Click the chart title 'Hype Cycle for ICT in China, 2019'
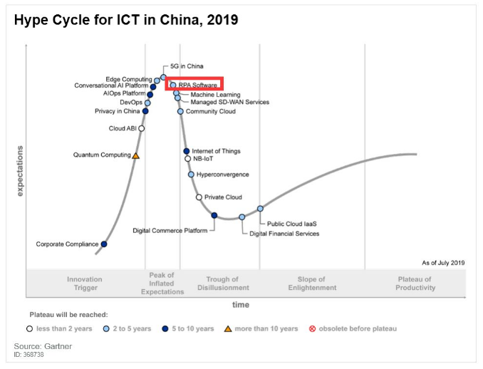(126, 20)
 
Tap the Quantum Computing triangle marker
(136, 155)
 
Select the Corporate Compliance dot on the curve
(104, 244)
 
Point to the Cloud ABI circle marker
(142, 129)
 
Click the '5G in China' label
(187, 66)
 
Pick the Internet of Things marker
(187, 151)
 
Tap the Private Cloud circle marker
(199, 197)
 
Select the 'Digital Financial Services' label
(284, 234)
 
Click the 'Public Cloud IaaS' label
(291, 224)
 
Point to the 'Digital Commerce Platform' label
(170, 230)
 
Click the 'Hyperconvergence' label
(223, 174)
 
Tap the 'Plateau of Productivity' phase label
(415, 284)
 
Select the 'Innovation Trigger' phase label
(84, 284)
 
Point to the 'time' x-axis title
(241, 304)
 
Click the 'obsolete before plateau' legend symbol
(312, 328)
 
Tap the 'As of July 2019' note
(443, 263)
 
